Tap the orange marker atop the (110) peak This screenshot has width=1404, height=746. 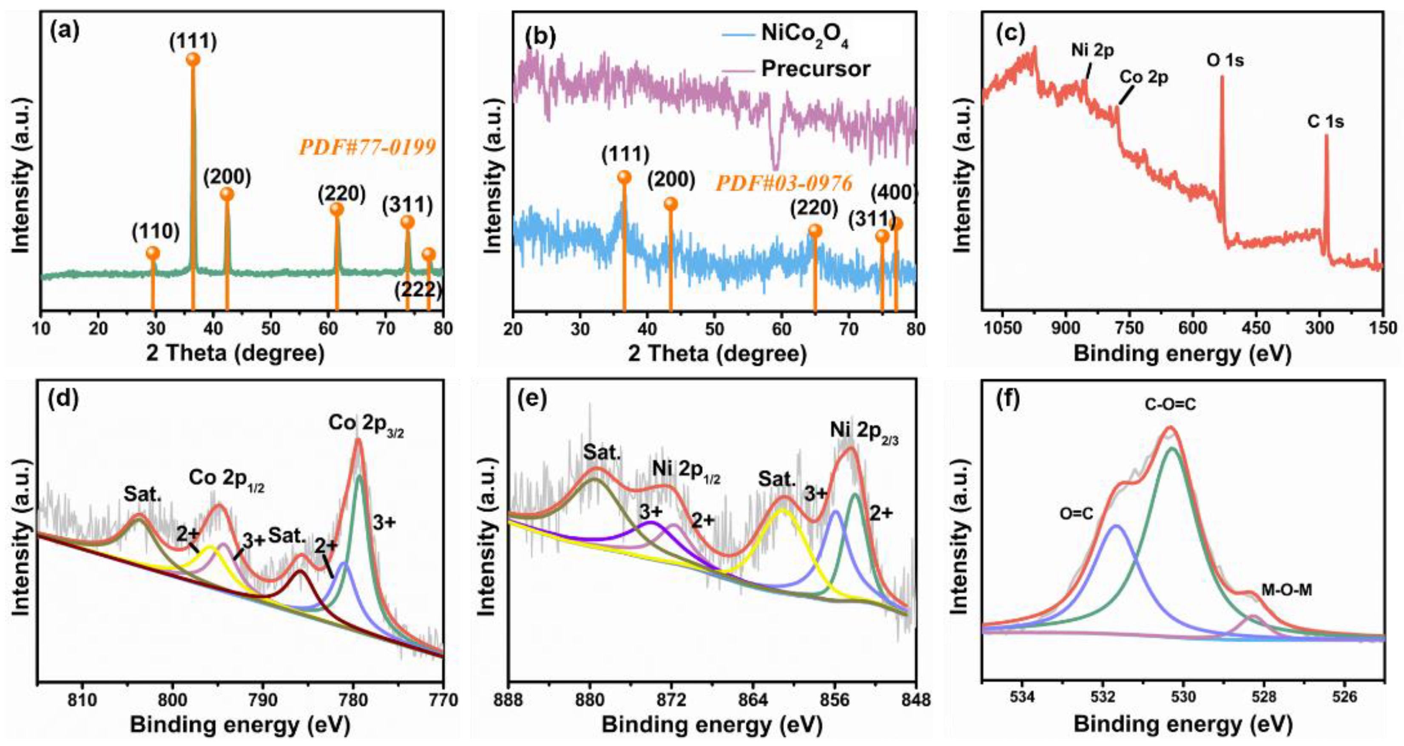(x=153, y=253)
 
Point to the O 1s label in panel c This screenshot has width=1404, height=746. (x=1225, y=60)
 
